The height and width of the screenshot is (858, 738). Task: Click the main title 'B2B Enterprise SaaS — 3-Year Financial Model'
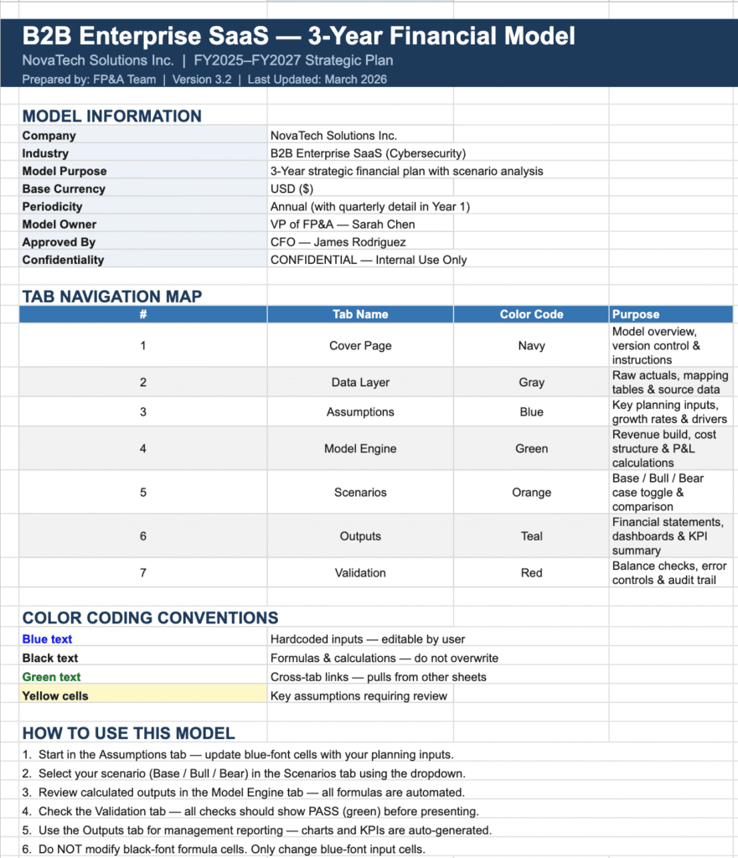(x=298, y=37)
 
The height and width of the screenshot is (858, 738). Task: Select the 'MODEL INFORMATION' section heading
(x=111, y=116)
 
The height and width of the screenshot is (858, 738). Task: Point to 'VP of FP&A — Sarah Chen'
(x=343, y=225)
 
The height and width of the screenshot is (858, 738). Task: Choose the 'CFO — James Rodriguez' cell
(x=338, y=242)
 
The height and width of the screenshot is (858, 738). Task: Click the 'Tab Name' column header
(x=360, y=314)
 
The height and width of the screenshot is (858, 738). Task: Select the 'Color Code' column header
(x=531, y=314)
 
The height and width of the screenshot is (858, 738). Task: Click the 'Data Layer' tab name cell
(x=360, y=382)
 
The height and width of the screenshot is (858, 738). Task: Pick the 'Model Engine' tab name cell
(x=360, y=448)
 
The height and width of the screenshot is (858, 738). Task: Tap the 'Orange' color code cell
(x=531, y=493)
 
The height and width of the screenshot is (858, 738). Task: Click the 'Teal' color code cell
(x=531, y=536)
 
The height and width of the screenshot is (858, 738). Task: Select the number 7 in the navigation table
(x=143, y=573)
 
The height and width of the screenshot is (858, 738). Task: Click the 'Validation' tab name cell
(x=360, y=573)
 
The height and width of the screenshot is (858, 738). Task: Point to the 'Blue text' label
(x=47, y=639)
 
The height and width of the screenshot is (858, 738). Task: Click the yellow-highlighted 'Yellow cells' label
(x=55, y=695)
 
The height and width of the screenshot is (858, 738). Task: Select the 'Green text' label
(x=51, y=677)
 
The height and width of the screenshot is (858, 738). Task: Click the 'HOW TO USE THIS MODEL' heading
(x=128, y=733)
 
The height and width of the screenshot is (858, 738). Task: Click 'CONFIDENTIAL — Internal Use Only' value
(x=369, y=260)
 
